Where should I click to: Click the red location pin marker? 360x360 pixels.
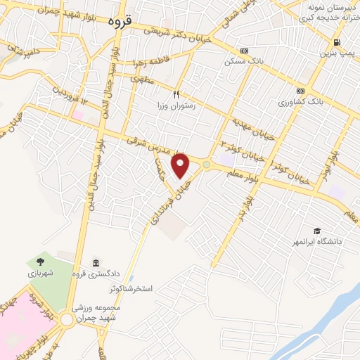click(181, 165)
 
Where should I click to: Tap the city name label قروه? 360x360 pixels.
click(121, 22)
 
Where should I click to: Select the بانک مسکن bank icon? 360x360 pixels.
click(244, 51)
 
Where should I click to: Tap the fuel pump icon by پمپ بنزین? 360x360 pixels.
click(337, 42)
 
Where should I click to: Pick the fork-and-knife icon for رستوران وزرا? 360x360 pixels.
click(177, 93)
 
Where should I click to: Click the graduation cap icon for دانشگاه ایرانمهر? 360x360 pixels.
click(317, 231)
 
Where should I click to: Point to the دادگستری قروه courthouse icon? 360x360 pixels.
click(96, 262)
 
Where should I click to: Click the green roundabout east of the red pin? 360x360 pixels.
click(206, 165)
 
